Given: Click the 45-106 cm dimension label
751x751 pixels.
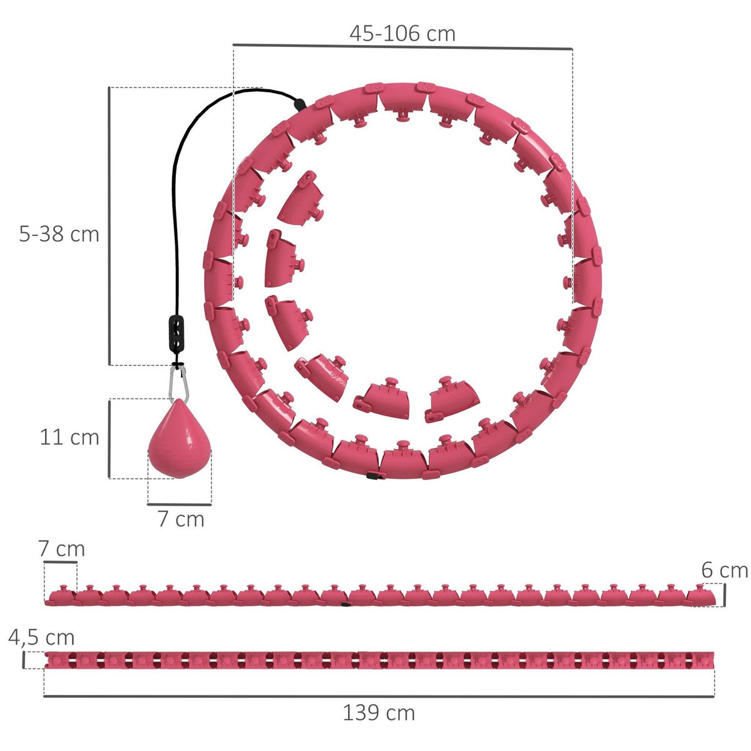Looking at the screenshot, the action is click(x=402, y=34).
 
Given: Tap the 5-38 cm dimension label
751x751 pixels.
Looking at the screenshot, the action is click(x=59, y=234).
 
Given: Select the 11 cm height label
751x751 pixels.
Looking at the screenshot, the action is click(x=69, y=437).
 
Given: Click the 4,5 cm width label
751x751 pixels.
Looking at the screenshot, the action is click(x=41, y=638).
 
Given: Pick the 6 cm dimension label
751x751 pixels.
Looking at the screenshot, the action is click(x=725, y=571).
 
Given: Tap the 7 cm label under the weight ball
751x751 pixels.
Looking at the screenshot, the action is click(x=181, y=519).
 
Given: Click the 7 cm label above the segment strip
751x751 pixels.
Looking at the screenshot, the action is click(x=61, y=549).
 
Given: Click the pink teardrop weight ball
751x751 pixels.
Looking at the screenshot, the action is click(x=180, y=439).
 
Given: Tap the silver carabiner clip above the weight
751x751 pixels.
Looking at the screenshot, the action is click(x=178, y=384).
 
